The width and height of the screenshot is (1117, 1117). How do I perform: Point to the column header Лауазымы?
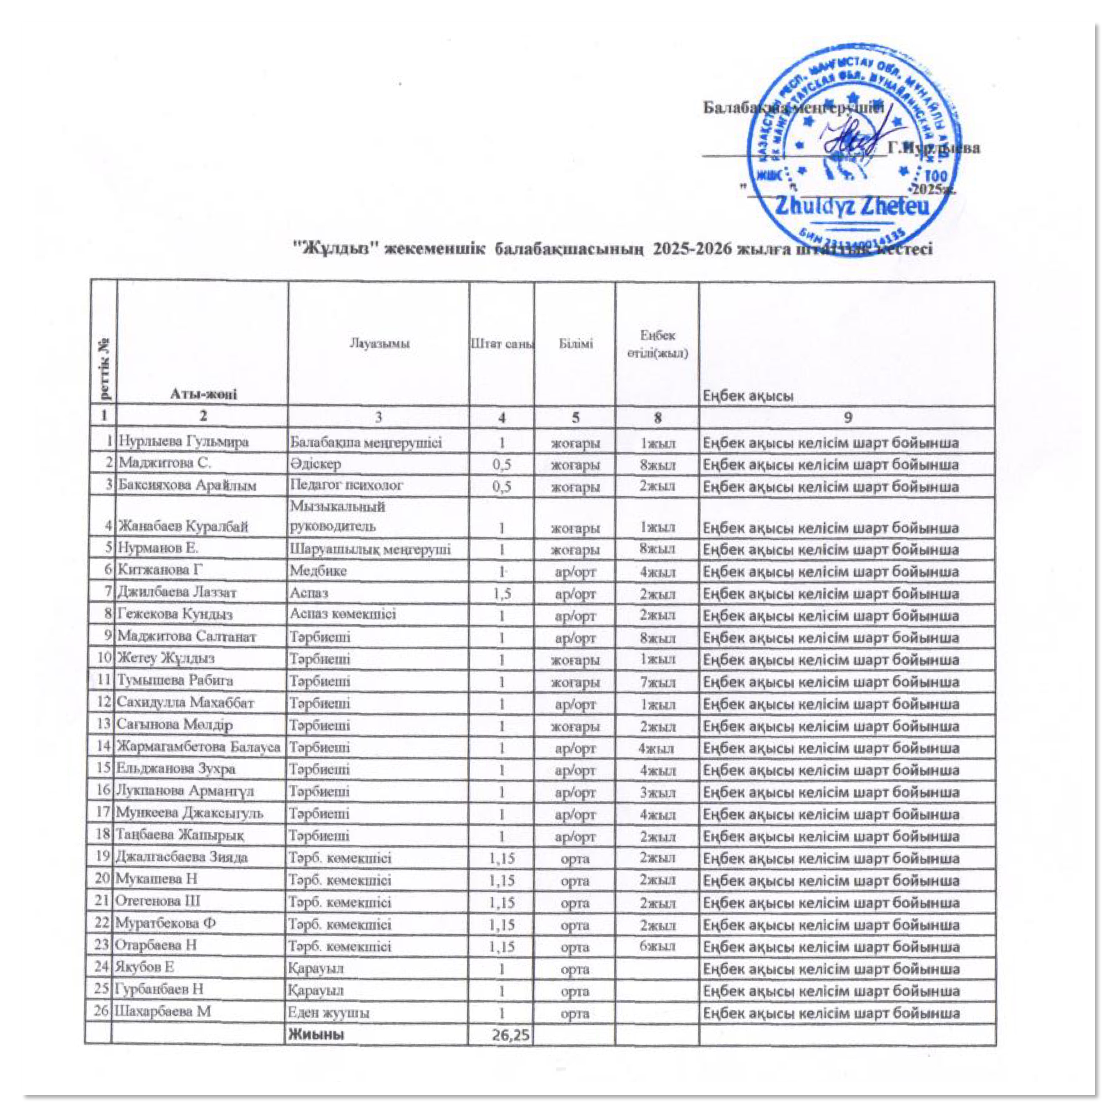click(379, 344)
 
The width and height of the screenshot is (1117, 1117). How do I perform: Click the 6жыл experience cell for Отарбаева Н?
click(657, 947)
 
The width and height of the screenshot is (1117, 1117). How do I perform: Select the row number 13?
click(104, 725)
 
